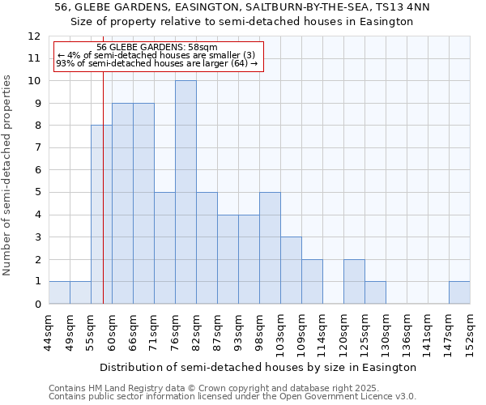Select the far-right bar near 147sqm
pyautogui.click(x=459, y=292)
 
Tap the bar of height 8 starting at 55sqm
pyautogui.click(x=101, y=215)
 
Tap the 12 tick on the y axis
pyautogui.click(x=33, y=36)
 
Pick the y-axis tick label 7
pyautogui.click(x=36, y=147)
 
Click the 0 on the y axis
pyautogui.click(x=36, y=304)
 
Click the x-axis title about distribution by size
pyautogui.click(x=259, y=367)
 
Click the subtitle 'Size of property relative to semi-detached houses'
pyautogui.click(x=242, y=22)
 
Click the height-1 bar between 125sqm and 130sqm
pyautogui.click(x=375, y=292)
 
